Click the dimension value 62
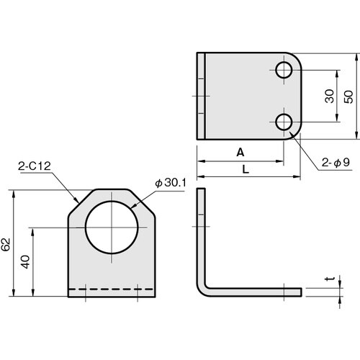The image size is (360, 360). click(x=6, y=245)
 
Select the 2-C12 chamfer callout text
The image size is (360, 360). click(x=34, y=166)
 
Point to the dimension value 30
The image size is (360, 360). click(x=328, y=96)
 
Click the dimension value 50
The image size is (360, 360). click(x=349, y=96)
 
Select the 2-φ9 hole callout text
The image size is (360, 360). click(x=335, y=163)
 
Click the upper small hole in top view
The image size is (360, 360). click(x=283, y=70)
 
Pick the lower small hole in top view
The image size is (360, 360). click(x=283, y=122)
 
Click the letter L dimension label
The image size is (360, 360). click(x=246, y=168)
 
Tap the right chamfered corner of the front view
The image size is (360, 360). click(x=145, y=199)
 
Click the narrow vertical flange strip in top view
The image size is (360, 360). click(x=202, y=96)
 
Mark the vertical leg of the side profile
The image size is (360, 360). click(x=201, y=230)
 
